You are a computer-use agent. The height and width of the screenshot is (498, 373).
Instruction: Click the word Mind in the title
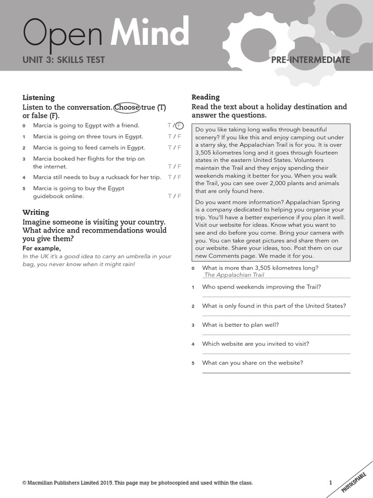[150, 34]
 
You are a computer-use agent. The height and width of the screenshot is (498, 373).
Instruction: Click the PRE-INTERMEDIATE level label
[311, 60]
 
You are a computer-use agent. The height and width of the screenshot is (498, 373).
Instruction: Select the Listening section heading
[38, 97]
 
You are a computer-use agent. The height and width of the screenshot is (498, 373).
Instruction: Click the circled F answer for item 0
[179, 125]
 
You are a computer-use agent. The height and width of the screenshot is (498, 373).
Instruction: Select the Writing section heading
[35, 212]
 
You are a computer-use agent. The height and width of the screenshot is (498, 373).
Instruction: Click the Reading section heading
[205, 97]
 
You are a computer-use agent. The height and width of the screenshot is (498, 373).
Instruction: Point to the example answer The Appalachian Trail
[234, 275]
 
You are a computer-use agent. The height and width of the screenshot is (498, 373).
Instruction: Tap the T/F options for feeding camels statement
[174, 147]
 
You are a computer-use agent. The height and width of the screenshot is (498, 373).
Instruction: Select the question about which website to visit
[255, 344]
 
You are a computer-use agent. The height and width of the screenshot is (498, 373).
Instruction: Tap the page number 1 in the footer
[331, 483]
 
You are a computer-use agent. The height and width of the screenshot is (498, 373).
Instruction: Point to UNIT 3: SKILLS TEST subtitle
[64, 60]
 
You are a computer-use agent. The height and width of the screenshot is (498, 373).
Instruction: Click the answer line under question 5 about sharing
[276, 373]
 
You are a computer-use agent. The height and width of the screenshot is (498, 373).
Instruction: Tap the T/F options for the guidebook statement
[174, 196]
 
